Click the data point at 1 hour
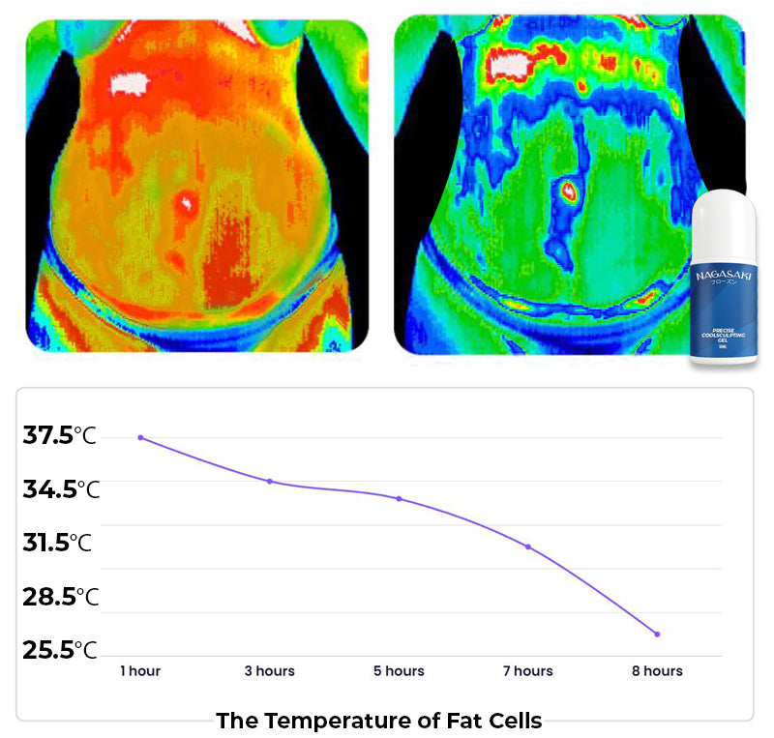[x=140, y=437]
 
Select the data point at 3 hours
[x=270, y=481]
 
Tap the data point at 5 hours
[x=399, y=498]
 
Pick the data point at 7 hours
[x=527, y=546]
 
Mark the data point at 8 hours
[x=657, y=634]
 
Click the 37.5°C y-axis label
[x=60, y=436]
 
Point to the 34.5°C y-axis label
[x=61, y=489]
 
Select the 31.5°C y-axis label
[x=58, y=543]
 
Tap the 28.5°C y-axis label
[x=61, y=596]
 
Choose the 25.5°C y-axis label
[x=60, y=649]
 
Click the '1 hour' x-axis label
[x=140, y=670]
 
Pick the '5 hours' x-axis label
[x=399, y=670]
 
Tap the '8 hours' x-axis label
[x=657, y=670]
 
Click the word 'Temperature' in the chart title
[x=325, y=721]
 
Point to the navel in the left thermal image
[x=187, y=202]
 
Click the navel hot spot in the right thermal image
[x=569, y=189]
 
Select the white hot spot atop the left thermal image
[x=126, y=83]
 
